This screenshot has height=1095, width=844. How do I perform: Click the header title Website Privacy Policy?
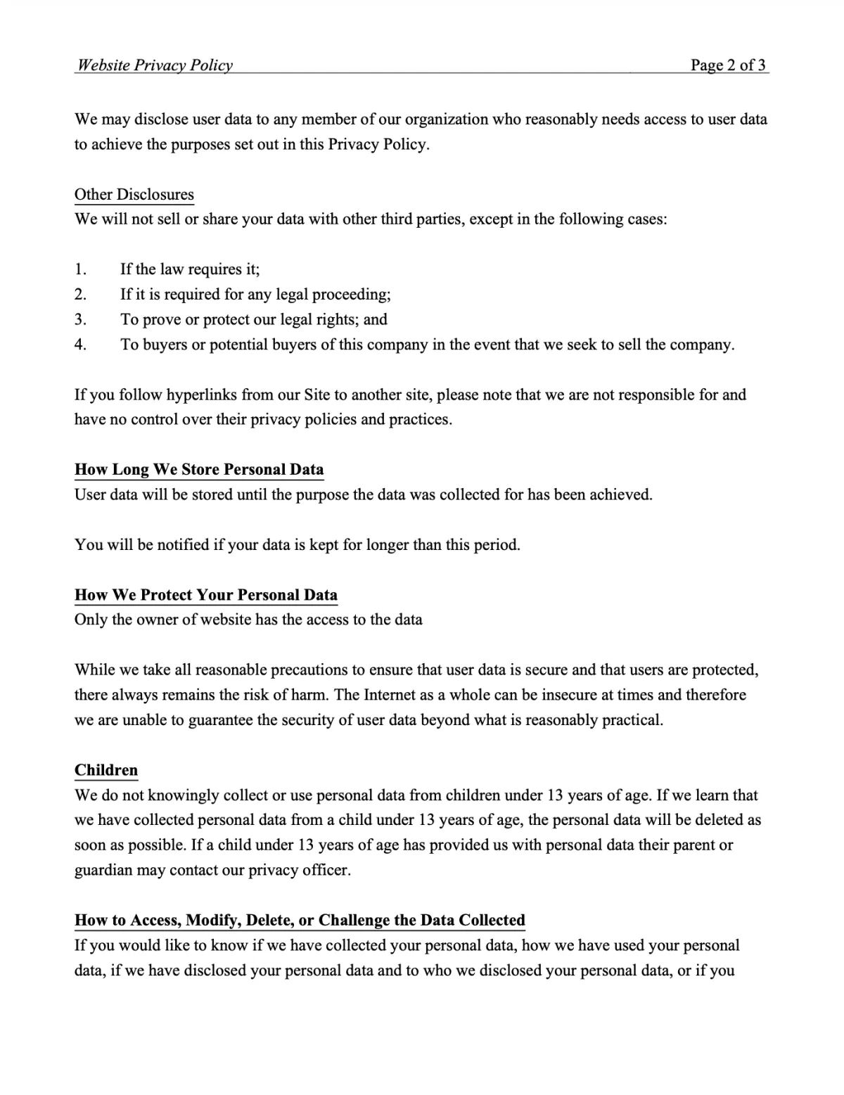coord(155,65)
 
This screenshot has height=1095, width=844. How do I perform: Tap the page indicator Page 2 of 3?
coord(728,65)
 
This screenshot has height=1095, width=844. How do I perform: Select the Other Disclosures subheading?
coord(134,194)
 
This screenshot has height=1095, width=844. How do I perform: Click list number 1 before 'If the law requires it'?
coord(80,269)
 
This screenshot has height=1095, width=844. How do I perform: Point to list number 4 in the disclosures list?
coord(80,345)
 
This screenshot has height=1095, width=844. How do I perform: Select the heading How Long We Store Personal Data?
coord(199,470)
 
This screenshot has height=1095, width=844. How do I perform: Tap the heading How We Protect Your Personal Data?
coord(206,595)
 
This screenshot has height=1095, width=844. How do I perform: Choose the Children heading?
coord(106,770)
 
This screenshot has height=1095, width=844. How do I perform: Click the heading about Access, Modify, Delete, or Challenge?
coord(300,921)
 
